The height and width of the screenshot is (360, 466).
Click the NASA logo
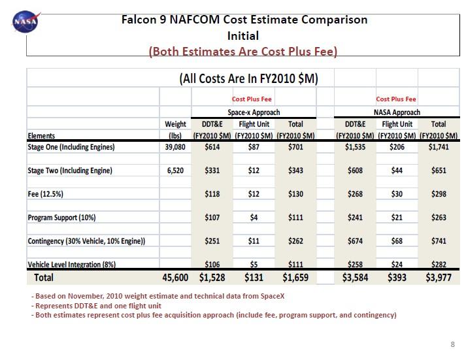(x=25, y=22)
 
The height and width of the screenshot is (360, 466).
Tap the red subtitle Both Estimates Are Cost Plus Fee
(x=243, y=51)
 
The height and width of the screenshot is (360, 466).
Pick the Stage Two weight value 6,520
(x=175, y=171)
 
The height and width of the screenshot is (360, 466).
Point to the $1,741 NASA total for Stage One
(x=439, y=147)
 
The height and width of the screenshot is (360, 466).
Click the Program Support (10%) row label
(x=67, y=218)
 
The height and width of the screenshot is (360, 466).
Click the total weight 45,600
(x=175, y=278)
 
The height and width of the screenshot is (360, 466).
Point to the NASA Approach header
(x=397, y=112)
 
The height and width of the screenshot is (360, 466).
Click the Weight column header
(x=175, y=123)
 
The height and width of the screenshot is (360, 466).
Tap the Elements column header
(x=42, y=135)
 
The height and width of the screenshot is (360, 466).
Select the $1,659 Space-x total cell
(x=295, y=278)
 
